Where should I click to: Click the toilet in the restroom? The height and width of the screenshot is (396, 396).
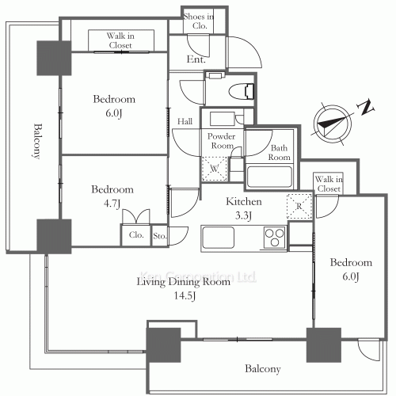242,91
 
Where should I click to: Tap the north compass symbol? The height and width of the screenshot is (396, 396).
333,124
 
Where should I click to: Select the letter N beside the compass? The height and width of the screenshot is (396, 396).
365,107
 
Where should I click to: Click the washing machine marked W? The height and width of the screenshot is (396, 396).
215,169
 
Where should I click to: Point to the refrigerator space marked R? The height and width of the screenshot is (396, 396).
299,206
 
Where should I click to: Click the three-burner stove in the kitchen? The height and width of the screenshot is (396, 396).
275,238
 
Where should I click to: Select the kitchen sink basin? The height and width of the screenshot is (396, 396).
218,237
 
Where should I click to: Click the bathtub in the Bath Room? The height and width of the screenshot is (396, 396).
269,176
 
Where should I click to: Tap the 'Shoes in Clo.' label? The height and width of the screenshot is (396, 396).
199,21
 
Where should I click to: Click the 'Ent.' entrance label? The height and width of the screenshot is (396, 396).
196,59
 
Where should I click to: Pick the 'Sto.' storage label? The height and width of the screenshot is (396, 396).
159,236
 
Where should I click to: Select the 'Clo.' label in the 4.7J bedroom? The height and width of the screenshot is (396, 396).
136,234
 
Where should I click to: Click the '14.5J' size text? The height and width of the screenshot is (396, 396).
185,295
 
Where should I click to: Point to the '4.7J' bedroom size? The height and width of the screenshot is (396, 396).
112,204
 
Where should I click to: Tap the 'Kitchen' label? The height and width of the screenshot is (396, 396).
244,202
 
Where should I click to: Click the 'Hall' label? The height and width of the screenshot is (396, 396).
185,121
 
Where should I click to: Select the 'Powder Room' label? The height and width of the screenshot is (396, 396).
221,141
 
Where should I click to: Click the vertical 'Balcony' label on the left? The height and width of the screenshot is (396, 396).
38,141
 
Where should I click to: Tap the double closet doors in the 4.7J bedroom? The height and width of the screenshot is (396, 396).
136,216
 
